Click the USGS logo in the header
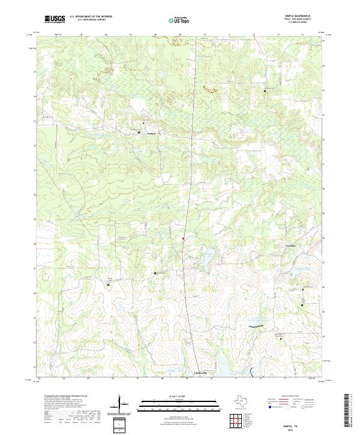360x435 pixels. tap(55, 19)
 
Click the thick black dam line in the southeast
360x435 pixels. tap(256, 326)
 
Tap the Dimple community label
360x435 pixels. tap(151, 133)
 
